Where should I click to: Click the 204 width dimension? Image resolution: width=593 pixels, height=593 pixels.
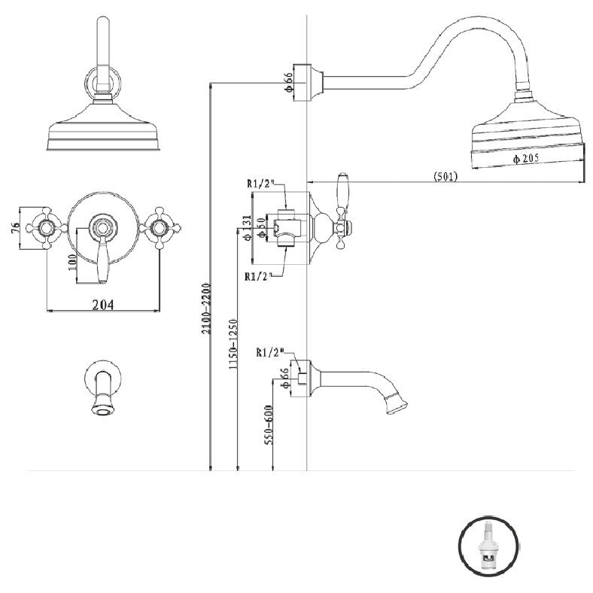pyautogui.click(x=103, y=305)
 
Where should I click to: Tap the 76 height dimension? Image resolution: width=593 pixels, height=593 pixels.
pyautogui.click(x=16, y=228)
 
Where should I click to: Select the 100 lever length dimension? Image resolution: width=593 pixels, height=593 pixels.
pyautogui.click(x=71, y=262)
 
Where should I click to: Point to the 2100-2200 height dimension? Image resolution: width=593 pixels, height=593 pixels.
pyautogui.click(x=206, y=309)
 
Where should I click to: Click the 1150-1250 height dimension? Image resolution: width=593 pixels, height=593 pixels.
pyautogui.click(x=233, y=345)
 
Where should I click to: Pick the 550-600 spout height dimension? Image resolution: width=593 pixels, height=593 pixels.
pyautogui.click(x=269, y=424)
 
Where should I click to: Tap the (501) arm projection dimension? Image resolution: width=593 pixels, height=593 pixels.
pyautogui.click(x=446, y=176)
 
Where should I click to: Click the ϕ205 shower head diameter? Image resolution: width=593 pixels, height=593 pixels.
pyautogui.click(x=526, y=159)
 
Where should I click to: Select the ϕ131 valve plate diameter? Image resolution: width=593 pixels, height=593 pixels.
pyautogui.click(x=248, y=228)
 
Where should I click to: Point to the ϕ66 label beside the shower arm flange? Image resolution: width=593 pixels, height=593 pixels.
pyautogui.click(x=288, y=82)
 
